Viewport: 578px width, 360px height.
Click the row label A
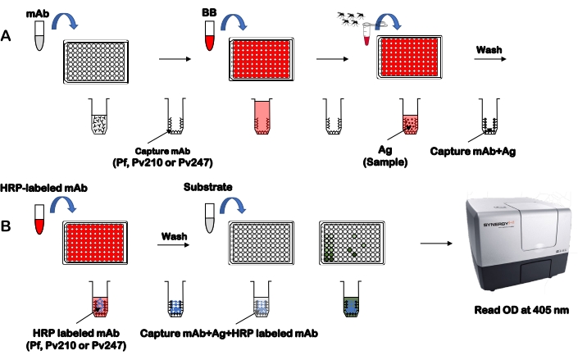[7, 38]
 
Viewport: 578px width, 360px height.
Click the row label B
[7, 221]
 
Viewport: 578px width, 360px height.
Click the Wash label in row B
[171, 233]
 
